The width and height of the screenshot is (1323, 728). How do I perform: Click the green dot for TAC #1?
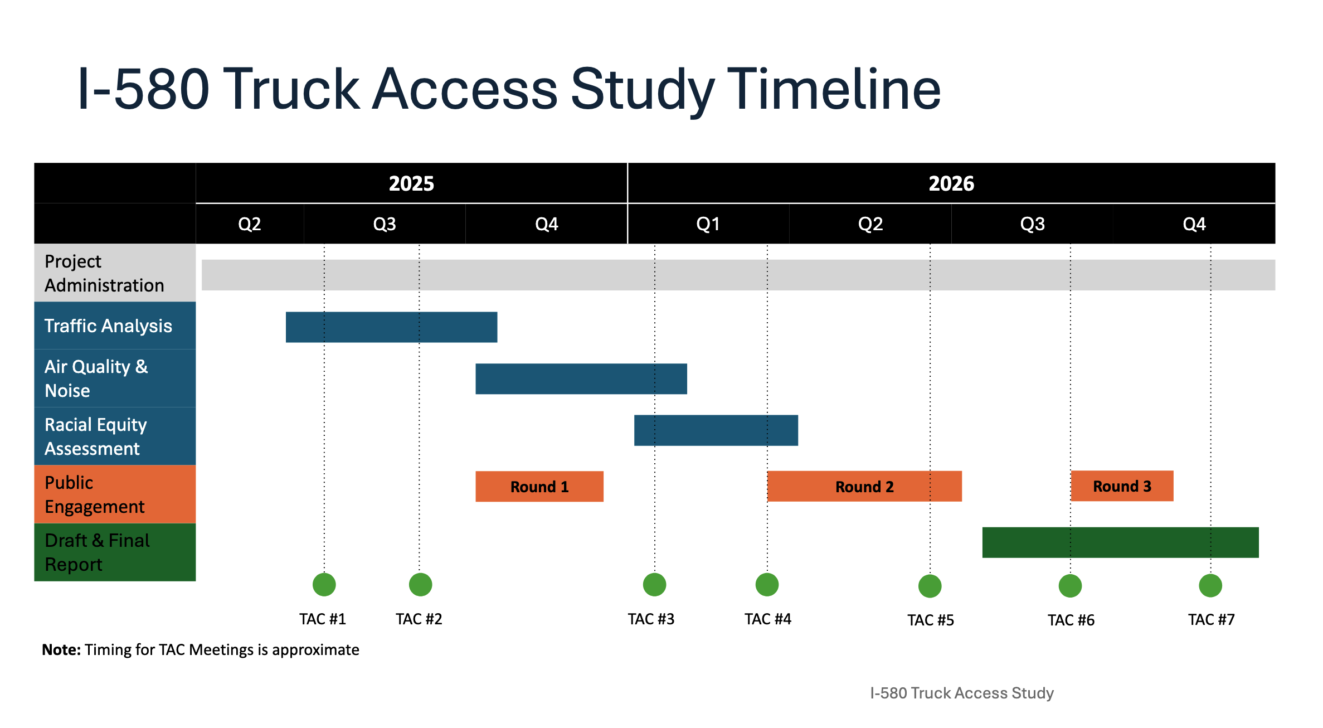(324, 584)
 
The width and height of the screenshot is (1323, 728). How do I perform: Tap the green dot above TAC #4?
(767, 584)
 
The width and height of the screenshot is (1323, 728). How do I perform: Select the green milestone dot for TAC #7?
(1210, 585)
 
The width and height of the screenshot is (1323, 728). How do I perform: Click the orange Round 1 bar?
(539, 487)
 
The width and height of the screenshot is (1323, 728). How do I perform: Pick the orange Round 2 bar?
(864, 487)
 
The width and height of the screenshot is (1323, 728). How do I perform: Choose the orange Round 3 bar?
(1121, 486)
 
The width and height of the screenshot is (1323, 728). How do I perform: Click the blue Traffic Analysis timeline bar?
(391, 327)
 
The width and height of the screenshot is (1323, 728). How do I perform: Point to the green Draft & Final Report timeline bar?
(1120, 542)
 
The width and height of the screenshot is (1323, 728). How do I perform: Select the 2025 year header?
(411, 183)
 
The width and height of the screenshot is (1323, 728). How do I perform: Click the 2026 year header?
(951, 183)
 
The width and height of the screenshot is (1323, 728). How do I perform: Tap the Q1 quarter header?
(708, 224)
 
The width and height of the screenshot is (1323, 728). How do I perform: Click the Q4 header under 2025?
(546, 224)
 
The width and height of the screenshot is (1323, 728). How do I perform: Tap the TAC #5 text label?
(930, 620)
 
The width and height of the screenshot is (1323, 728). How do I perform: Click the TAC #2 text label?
(419, 619)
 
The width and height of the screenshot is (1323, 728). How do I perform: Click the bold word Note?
(61, 650)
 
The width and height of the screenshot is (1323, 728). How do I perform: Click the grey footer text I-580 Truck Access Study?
(961, 693)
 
